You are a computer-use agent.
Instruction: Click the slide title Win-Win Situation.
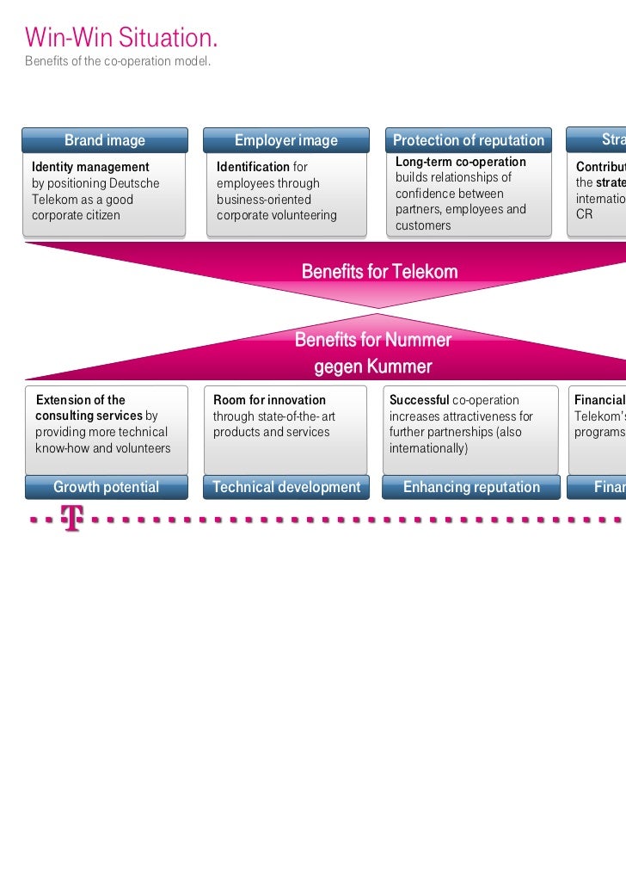click(121, 38)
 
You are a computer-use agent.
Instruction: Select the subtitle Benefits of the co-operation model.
click(118, 63)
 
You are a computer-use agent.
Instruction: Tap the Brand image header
click(105, 140)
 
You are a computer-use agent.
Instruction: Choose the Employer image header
click(286, 140)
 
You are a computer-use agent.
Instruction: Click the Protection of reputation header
click(469, 140)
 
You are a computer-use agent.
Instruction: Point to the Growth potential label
click(106, 487)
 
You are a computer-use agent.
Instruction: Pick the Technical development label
click(286, 487)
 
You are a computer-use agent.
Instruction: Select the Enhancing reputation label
click(471, 487)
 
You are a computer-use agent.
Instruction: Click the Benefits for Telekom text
click(379, 272)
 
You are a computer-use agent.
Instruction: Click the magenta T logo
click(72, 519)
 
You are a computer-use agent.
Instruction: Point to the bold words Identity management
click(90, 167)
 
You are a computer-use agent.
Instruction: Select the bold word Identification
click(253, 167)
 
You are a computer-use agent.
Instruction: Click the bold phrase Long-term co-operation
click(460, 162)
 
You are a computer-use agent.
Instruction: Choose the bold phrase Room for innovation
click(269, 400)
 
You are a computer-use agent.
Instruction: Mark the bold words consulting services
click(89, 416)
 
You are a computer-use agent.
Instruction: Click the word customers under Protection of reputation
click(423, 225)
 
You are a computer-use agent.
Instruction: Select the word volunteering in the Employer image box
click(305, 215)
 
